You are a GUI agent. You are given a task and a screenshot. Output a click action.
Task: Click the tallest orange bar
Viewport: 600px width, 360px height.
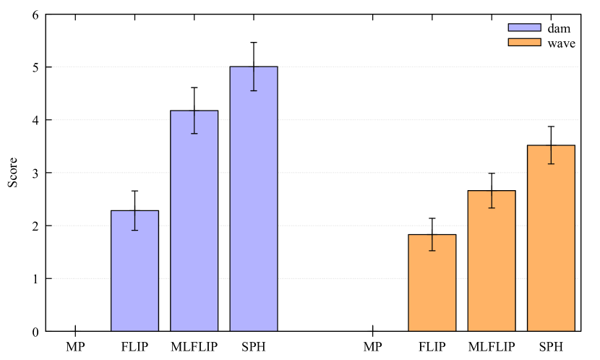551,239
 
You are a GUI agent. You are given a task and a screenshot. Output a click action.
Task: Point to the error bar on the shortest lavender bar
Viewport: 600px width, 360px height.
134,220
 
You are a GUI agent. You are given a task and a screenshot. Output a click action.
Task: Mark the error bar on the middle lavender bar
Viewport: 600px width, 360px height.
194,122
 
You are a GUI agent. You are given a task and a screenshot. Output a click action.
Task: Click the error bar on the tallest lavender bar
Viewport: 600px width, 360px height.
253,79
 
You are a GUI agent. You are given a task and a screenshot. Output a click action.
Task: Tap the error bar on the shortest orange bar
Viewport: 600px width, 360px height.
432,243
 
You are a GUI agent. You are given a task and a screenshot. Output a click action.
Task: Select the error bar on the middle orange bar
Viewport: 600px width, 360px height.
492,199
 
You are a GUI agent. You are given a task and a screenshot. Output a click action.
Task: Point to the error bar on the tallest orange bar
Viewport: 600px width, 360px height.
551,155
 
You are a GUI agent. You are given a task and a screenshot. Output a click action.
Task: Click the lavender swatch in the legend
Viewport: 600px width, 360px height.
524,27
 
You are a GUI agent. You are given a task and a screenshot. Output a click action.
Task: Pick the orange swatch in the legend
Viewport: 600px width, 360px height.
524,42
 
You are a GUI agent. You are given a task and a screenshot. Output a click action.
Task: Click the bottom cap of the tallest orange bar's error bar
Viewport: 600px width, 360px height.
551,164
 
